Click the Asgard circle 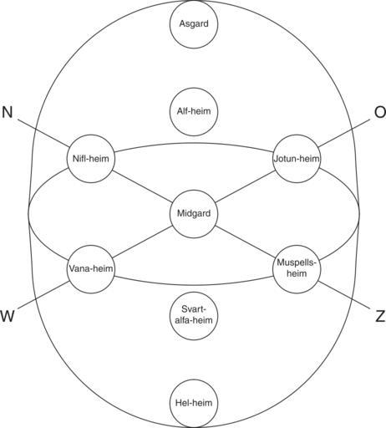click(194, 24)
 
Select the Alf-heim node click(194, 112)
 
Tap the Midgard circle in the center click(194, 214)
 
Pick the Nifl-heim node click(91, 159)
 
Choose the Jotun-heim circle click(297, 159)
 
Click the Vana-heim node click(91, 269)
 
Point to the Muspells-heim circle click(297, 269)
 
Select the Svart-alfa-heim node click(194, 316)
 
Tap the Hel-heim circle click(194, 404)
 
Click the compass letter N click(8, 113)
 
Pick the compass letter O click(380, 113)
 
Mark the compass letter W click(8, 317)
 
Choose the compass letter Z click(380, 317)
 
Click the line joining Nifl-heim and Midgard click(143, 186)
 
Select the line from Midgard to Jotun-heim click(245, 186)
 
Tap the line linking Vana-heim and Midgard click(143, 242)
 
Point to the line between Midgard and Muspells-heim click(245, 242)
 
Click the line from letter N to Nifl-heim click(43, 134)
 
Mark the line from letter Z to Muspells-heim click(344, 295)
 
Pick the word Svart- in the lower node click(194, 309)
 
